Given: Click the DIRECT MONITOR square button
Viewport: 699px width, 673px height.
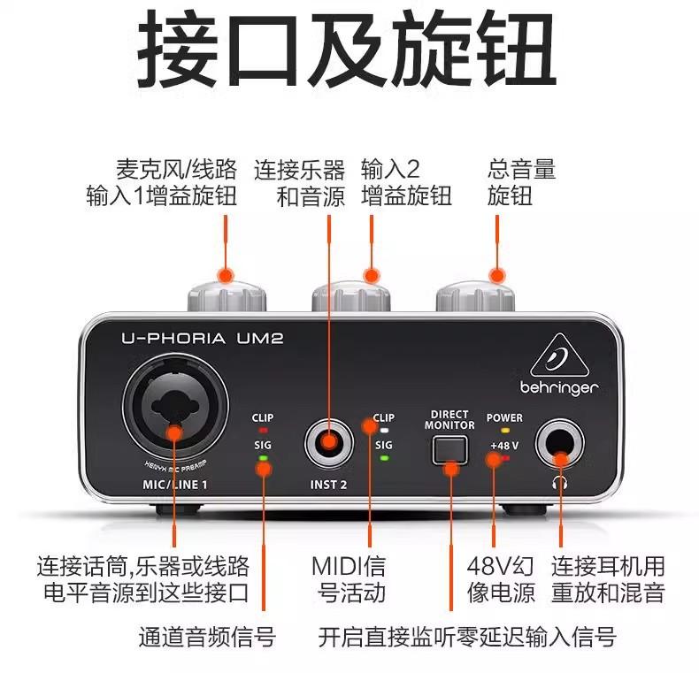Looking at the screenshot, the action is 449,449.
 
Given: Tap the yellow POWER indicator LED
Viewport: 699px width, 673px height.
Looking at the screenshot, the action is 504,431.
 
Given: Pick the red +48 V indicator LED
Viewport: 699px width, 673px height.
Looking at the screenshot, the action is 504,457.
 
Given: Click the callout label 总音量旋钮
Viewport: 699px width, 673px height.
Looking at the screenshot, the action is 521,181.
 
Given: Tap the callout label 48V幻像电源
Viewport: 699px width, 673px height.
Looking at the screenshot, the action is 501,578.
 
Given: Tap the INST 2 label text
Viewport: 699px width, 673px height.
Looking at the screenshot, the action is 328,485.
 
